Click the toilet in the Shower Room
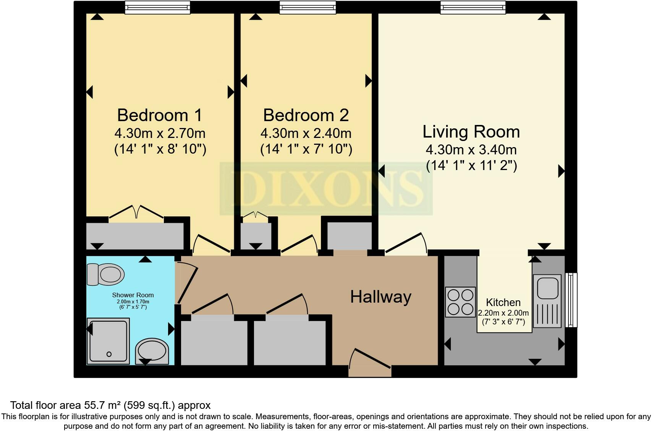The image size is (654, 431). (x=106, y=274)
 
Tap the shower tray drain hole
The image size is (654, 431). (x=109, y=354)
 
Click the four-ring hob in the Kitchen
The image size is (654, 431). (x=460, y=302)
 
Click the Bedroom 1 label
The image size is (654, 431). (x=160, y=115)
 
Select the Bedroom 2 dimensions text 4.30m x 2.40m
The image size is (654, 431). (x=306, y=133)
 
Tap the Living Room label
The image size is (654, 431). (x=471, y=132)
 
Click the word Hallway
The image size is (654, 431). (x=380, y=297)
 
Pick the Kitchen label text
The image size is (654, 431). (x=503, y=302)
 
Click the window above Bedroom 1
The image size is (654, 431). (x=157, y=7)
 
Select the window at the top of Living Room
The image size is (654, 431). (x=473, y=7)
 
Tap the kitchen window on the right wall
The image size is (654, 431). (x=571, y=300)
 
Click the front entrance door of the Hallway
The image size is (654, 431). (x=370, y=361)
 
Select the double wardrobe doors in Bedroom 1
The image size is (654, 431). (x=136, y=212)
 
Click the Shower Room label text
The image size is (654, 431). (x=133, y=295)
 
